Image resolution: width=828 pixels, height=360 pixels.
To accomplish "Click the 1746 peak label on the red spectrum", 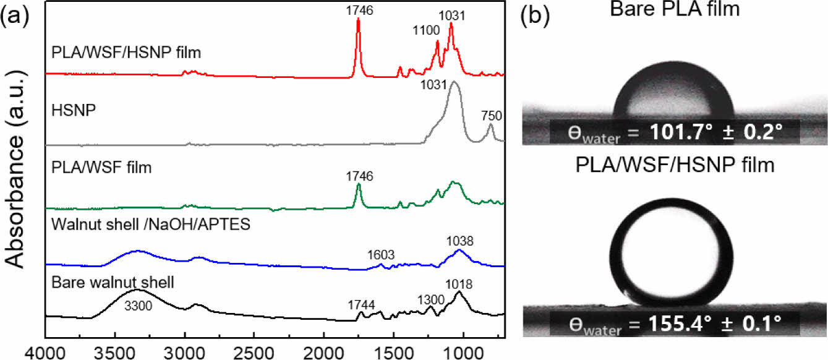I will coord(358,11).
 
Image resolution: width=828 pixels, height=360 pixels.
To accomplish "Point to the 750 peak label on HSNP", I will coord(491,114).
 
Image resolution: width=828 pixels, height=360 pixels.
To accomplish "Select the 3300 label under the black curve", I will coord(136,304).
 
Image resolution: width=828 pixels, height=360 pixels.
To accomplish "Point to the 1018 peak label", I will coord(458,285).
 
